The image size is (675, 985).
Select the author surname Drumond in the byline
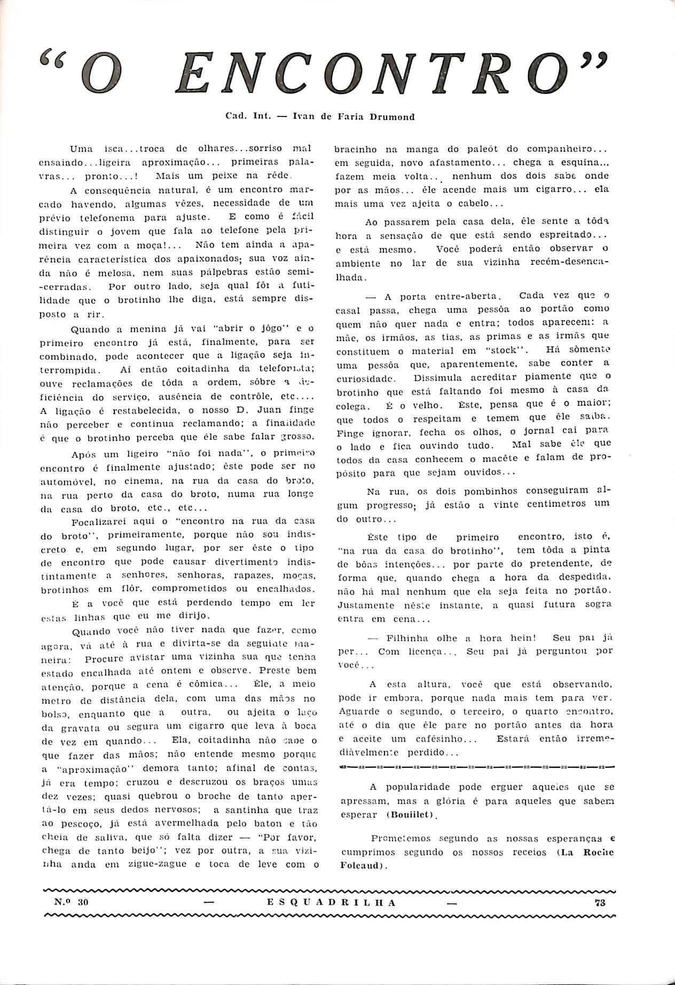(391, 116)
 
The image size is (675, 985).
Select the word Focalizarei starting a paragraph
(99, 521)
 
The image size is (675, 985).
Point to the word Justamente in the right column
(365, 605)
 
